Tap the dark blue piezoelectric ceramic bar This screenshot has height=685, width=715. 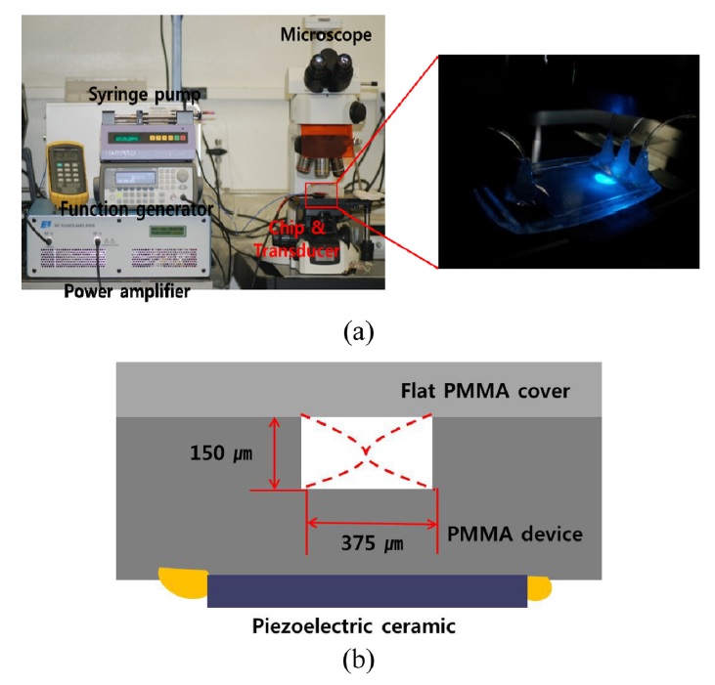(367, 590)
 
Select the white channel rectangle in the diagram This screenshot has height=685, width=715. (367, 451)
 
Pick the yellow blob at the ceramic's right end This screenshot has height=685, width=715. (539, 587)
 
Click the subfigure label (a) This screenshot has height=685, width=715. (357, 331)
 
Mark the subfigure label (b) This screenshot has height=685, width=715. (357, 662)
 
